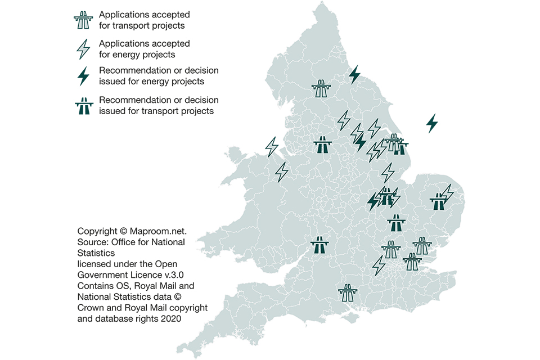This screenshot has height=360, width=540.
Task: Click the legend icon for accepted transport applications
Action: pyautogui.click(x=83, y=20)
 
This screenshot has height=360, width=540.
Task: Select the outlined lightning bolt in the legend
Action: pyautogui.click(x=83, y=49)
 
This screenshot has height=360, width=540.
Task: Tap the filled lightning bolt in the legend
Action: pyautogui.click(x=83, y=76)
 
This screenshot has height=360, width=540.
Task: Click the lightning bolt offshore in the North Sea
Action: pyautogui.click(x=432, y=123)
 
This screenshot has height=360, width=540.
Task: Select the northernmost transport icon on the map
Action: pyautogui.click(x=322, y=89)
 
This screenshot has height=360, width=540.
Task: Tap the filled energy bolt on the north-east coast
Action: pyautogui.click(x=354, y=75)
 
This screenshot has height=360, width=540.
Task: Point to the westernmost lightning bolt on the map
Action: pyautogui.click(x=272, y=147)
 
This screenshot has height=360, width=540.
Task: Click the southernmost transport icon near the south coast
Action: pyautogui.click(x=348, y=292)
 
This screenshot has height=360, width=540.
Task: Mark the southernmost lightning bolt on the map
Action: pyautogui.click(x=379, y=265)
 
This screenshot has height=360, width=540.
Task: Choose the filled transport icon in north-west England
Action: pyautogui.click(x=322, y=145)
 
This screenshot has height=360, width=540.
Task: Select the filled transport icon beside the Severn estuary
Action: pyautogui.click(x=320, y=246)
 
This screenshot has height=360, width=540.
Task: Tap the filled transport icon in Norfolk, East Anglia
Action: pyautogui.click(x=437, y=201)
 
